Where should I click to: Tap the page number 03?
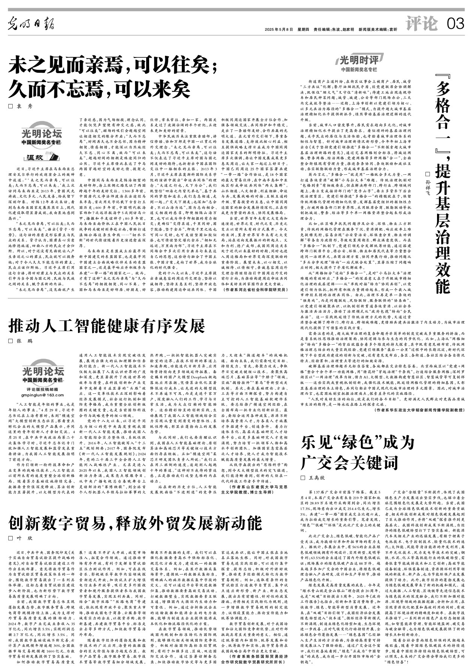pos(455,25)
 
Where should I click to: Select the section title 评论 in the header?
pos(422,25)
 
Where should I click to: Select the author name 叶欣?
pos(25,538)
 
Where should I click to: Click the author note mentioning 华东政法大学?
pos(419,410)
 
